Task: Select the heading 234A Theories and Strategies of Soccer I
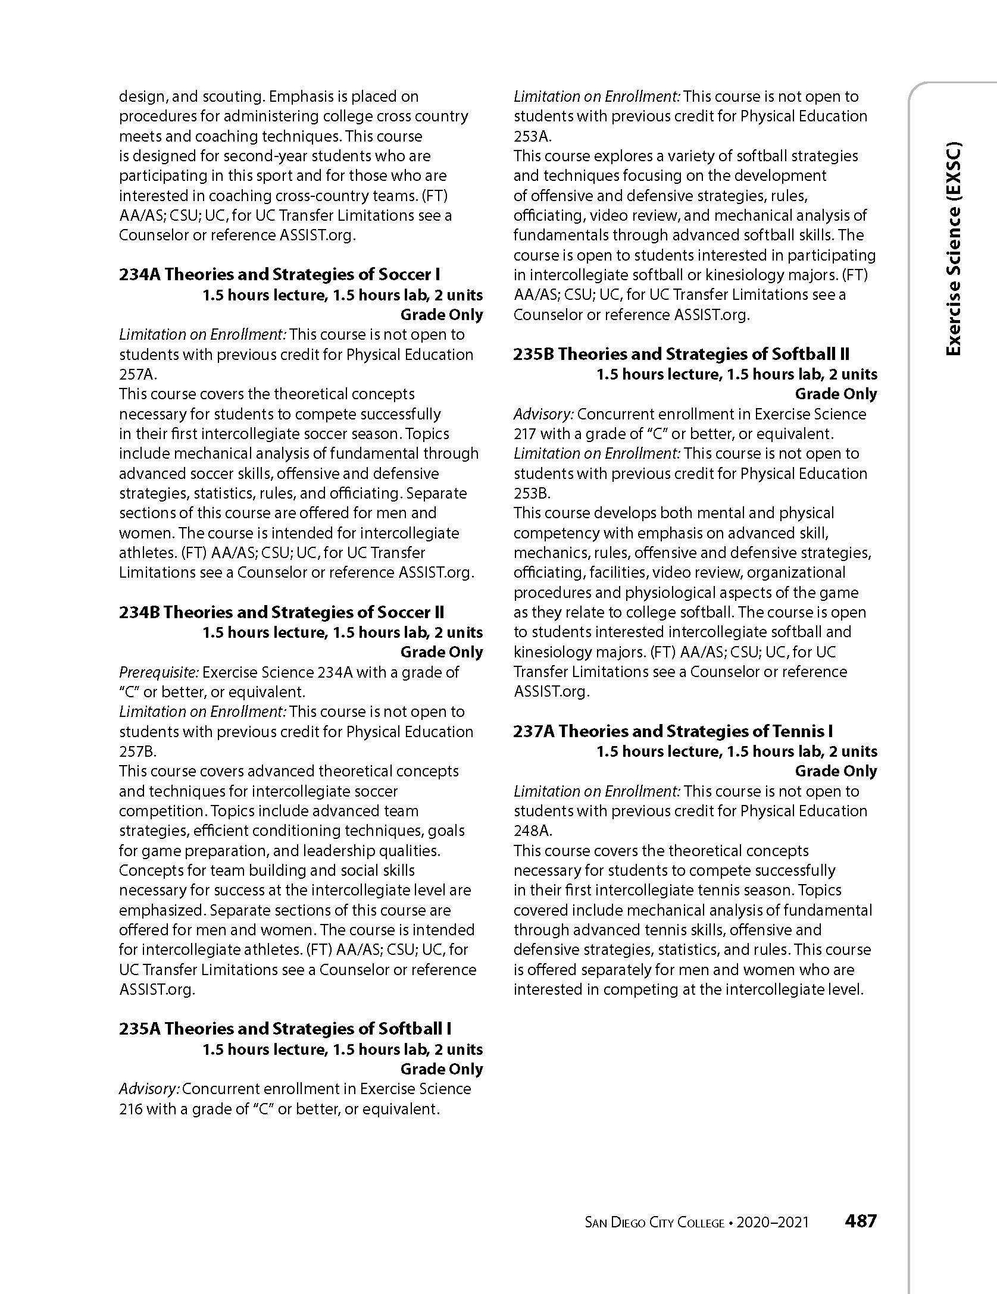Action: coord(279,274)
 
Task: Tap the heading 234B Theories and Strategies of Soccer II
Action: coord(282,612)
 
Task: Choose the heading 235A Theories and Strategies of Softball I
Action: coord(285,1029)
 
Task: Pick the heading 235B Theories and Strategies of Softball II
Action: coord(681,354)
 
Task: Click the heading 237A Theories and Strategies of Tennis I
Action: coord(673,731)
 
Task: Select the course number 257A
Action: coord(137,374)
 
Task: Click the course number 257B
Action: coord(137,751)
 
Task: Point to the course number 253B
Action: coord(532,493)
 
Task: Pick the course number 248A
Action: coord(533,831)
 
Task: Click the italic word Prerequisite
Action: coord(158,672)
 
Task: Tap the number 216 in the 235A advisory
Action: coord(131,1109)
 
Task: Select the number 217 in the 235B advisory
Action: coord(525,434)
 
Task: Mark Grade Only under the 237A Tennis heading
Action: coord(836,771)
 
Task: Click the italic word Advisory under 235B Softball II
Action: coord(542,414)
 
